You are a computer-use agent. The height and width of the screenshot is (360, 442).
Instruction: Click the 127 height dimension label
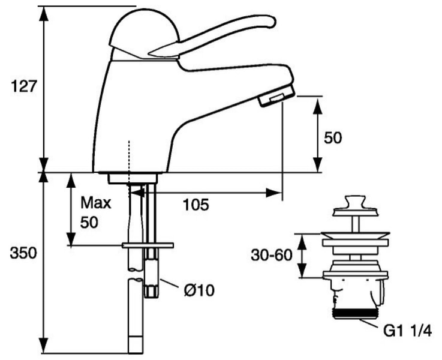[x=23, y=86]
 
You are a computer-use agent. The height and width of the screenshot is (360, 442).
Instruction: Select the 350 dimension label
[x=23, y=253]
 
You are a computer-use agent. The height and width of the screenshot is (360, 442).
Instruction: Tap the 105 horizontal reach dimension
[x=196, y=205]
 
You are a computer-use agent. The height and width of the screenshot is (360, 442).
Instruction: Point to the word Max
[x=95, y=202]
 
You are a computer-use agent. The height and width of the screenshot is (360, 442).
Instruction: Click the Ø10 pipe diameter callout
[x=199, y=290]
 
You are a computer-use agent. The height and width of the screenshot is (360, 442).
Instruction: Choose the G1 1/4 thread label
[x=408, y=331]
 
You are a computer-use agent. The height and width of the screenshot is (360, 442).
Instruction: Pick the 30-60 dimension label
[x=272, y=255]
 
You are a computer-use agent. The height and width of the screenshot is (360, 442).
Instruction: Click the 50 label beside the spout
[x=333, y=138]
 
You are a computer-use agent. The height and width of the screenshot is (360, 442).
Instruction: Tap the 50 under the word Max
[x=89, y=223]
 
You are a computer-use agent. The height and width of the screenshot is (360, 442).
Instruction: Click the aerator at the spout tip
[x=277, y=96]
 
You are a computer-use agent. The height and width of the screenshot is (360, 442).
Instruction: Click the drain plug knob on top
[x=355, y=201]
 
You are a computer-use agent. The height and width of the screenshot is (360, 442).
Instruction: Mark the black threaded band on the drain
[x=355, y=313]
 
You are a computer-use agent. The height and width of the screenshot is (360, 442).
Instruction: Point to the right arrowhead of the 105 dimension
[x=274, y=193]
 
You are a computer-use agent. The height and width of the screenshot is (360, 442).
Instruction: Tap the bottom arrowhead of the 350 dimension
[x=43, y=346]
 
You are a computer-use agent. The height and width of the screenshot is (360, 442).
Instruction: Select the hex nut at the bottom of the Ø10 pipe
[x=151, y=290]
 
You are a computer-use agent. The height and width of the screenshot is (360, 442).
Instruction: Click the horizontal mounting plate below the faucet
[x=148, y=245]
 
